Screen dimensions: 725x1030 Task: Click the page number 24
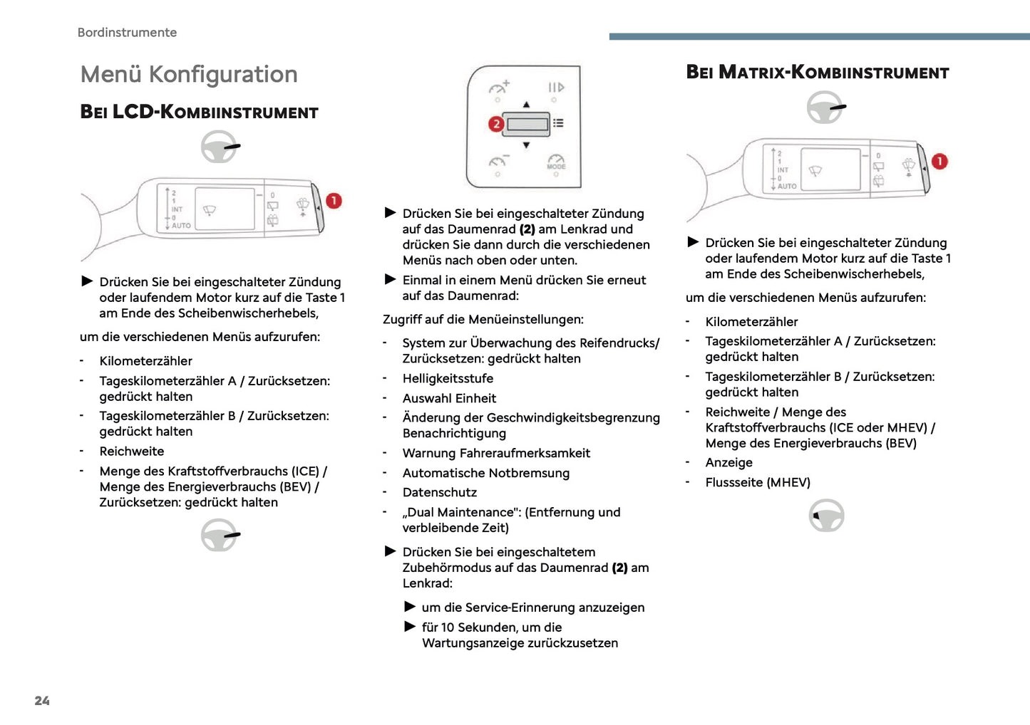(x=42, y=701)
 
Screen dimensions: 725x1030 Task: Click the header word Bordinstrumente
(x=127, y=33)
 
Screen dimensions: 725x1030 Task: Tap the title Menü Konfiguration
(x=189, y=74)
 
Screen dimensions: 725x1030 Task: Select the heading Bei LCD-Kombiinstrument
(x=199, y=112)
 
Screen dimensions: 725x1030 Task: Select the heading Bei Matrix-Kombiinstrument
(x=817, y=73)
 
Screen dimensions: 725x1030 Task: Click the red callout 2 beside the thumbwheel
(x=496, y=124)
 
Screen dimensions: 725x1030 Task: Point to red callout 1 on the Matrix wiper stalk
(x=939, y=162)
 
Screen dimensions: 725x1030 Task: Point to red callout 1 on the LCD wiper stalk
(x=334, y=201)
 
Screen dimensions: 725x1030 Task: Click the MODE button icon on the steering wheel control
(x=556, y=162)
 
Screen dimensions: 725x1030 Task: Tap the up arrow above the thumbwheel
(x=526, y=105)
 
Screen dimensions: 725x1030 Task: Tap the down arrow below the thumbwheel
(x=526, y=145)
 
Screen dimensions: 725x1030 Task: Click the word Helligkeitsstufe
(x=448, y=378)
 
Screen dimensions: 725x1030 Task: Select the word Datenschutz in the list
(x=440, y=492)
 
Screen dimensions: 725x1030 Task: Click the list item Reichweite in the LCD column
(x=132, y=452)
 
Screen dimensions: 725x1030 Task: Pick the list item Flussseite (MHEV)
(x=758, y=482)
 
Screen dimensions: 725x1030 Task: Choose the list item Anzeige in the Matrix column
(x=728, y=463)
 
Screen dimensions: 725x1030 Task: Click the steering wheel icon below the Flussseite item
(x=826, y=515)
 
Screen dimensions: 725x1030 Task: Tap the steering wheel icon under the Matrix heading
(x=825, y=108)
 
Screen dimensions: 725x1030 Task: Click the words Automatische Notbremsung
(x=485, y=473)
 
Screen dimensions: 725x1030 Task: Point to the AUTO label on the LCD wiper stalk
(x=181, y=226)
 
